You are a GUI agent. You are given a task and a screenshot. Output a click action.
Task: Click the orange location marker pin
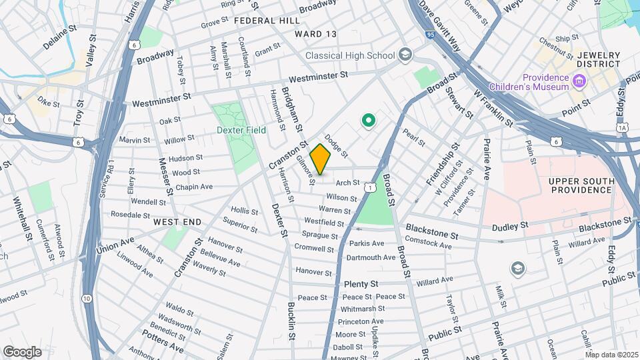[320, 159]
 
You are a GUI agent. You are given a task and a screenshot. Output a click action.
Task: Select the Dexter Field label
[241, 130]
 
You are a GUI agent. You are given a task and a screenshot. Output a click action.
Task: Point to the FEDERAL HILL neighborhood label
[267, 21]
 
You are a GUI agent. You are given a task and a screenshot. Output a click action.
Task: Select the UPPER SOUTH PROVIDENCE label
[580, 185]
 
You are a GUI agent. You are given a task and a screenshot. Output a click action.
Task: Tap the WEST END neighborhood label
[177, 221]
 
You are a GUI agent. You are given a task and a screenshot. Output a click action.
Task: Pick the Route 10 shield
[87, 298]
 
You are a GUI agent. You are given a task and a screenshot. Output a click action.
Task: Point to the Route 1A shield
[622, 127]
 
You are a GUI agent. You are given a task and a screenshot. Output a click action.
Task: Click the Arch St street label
[347, 183]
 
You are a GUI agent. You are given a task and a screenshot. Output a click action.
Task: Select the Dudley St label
[510, 227]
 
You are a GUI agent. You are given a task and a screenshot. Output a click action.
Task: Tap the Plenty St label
[361, 284]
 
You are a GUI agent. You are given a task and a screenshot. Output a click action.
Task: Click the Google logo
[22, 351]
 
